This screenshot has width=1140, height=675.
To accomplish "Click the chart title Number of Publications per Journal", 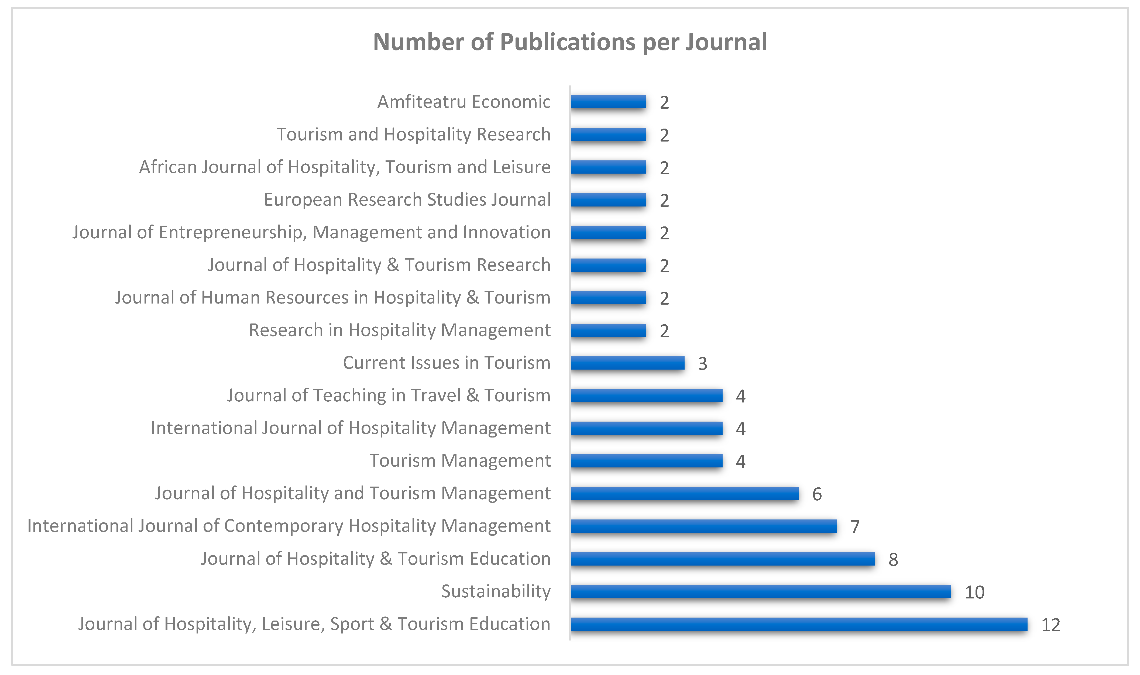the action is tap(570, 42).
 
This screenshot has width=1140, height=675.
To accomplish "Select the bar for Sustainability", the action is tap(761, 592).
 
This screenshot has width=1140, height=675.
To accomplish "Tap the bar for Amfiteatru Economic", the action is tap(609, 102).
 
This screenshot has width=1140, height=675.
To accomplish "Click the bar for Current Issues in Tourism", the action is tap(628, 363).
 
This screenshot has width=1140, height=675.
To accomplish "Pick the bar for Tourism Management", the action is tap(647, 461).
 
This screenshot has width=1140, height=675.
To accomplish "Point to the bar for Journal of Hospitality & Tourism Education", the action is tap(723, 559).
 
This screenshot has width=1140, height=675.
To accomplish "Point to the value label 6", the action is tap(817, 494).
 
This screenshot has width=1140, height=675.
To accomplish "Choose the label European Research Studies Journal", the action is tap(407, 200).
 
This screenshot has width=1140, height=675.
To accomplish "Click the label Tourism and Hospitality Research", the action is tap(414, 135).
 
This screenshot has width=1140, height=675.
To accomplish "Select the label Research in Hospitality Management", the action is tap(399, 330).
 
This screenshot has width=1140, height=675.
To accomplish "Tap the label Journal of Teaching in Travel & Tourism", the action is tap(389, 395).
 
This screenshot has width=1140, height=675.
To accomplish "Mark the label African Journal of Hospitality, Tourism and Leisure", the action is tap(345, 167).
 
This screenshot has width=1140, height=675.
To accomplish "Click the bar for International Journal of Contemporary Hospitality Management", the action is tap(704, 526).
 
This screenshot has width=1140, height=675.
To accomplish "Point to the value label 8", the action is tap(894, 559).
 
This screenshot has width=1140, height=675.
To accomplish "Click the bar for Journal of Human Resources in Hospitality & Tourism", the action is tap(609, 298).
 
